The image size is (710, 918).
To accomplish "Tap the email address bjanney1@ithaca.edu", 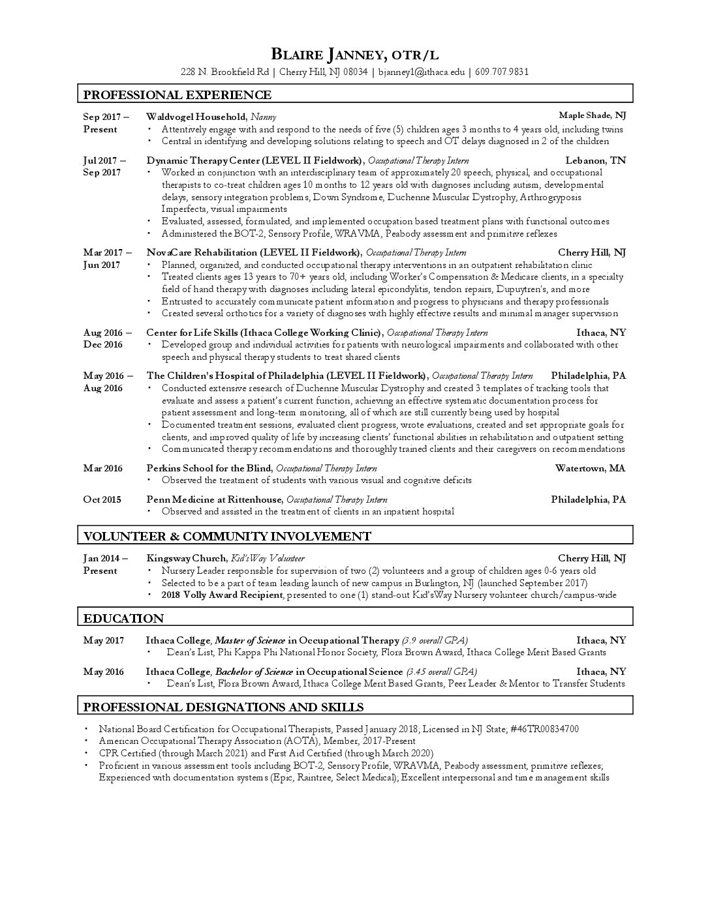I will [x=422, y=72].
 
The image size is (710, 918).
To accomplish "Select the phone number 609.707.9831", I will [x=502, y=72].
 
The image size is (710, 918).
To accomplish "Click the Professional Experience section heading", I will [x=177, y=95].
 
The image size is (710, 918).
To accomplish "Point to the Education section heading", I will [x=123, y=618].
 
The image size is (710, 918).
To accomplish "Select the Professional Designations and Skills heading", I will [x=223, y=707].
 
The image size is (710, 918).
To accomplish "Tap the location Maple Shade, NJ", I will [x=593, y=116].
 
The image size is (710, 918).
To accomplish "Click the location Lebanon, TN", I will [x=595, y=160].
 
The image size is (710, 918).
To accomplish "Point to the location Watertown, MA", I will [x=590, y=468].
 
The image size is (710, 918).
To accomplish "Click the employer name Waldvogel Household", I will [x=196, y=117].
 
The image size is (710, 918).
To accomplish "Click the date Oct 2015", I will [x=102, y=499].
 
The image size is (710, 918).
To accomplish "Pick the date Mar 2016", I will [x=102, y=468].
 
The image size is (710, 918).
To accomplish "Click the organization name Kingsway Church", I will [x=187, y=558].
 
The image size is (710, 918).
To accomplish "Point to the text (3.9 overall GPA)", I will [x=435, y=640].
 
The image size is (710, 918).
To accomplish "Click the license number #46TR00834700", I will [x=543, y=729].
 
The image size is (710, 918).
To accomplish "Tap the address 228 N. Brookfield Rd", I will [x=225, y=72].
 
